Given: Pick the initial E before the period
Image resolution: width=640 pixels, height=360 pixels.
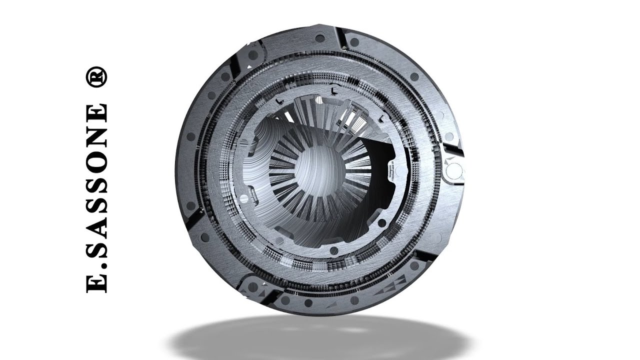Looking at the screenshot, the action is [96, 282].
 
